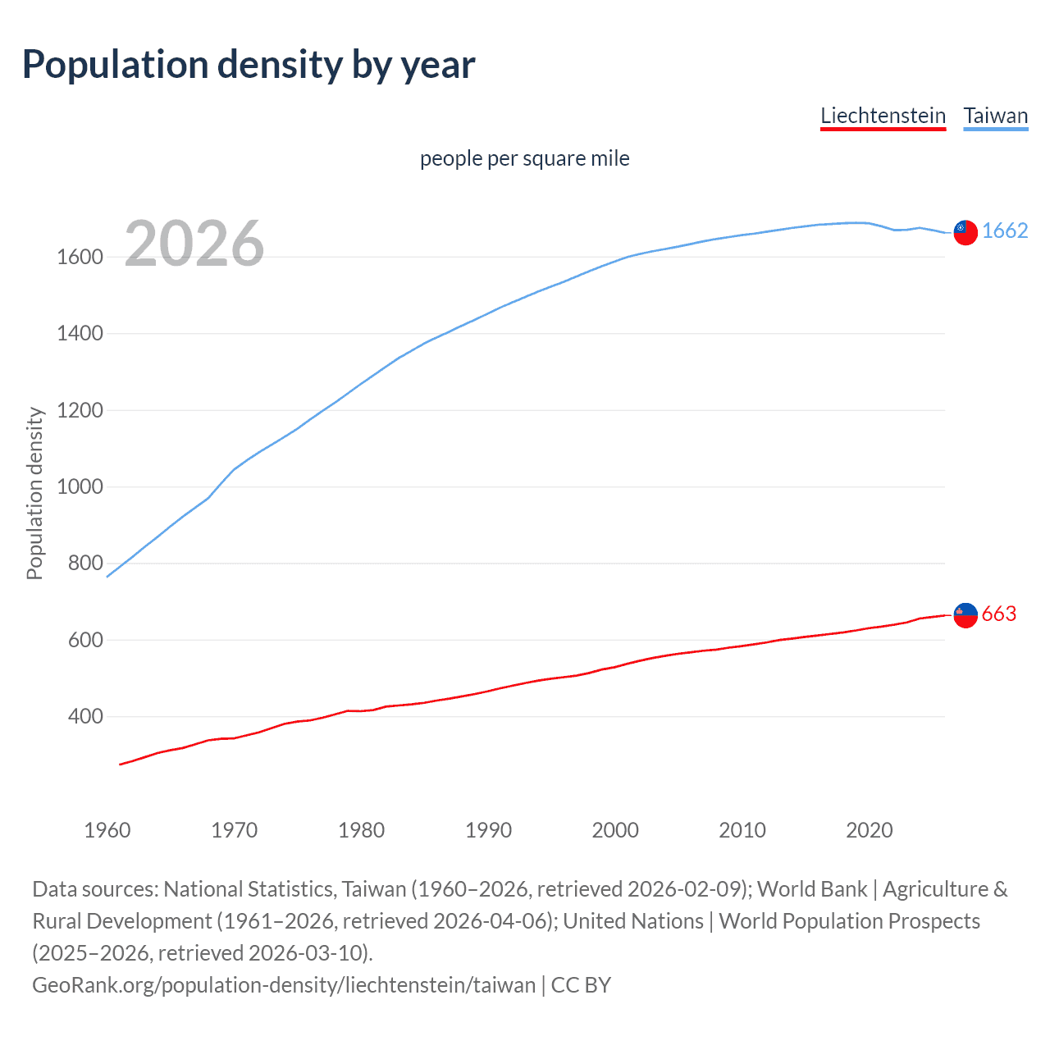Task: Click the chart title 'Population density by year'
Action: click(x=249, y=65)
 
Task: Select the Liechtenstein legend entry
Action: click(x=883, y=116)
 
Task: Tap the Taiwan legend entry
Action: click(x=995, y=116)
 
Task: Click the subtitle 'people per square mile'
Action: click(x=524, y=158)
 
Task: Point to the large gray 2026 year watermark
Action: click(x=194, y=244)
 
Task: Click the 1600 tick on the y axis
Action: click(x=80, y=257)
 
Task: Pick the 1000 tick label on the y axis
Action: click(x=80, y=486)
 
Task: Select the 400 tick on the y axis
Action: click(x=85, y=716)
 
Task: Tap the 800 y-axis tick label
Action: click(x=85, y=564)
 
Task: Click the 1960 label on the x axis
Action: click(x=107, y=830)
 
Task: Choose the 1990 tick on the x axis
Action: click(x=488, y=830)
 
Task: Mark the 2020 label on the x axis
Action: click(x=869, y=830)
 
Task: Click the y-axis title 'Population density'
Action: click(x=34, y=494)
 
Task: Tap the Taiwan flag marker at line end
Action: click(x=966, y=232)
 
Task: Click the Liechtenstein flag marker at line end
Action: click(x=966, y=615)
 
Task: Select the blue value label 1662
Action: click(x=1005, y=231)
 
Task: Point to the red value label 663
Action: click(x=999, y=614)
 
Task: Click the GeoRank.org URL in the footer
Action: click(x=284, y=984)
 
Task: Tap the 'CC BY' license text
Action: click(x=581, y=984)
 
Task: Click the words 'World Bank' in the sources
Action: click(x=812, y=889)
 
